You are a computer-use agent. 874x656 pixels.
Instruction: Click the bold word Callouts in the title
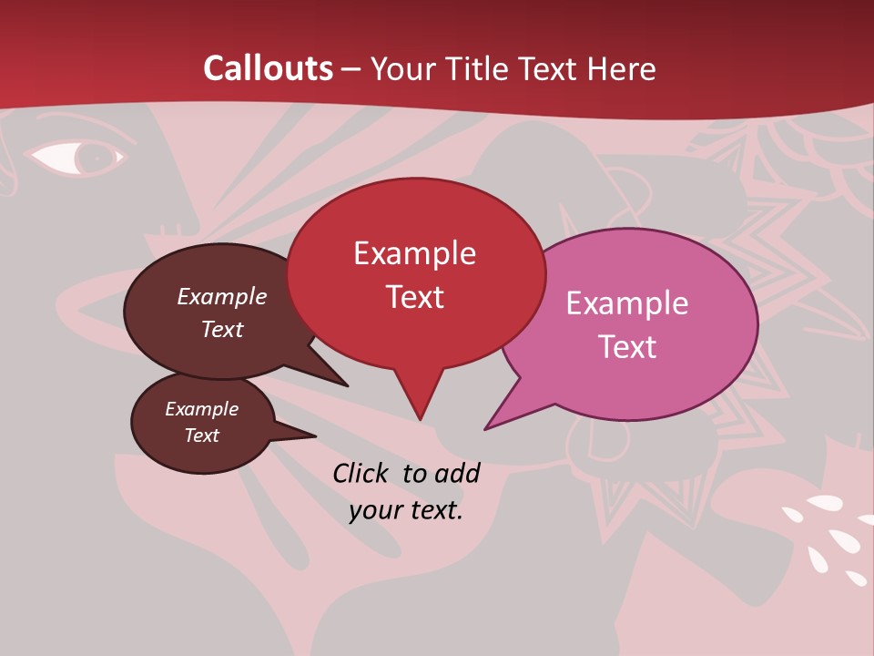(268, 68)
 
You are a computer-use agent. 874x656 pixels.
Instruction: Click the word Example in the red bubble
(414, 253)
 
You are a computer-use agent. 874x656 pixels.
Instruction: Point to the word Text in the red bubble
(414, 297)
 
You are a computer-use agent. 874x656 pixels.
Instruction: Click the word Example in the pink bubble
(627, 302)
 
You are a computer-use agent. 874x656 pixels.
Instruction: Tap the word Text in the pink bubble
(627, 346)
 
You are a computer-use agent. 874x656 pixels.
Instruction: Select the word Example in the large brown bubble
(221, 296)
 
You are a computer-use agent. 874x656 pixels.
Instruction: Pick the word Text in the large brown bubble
(221, 329)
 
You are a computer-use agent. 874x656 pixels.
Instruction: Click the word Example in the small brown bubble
(201, 409)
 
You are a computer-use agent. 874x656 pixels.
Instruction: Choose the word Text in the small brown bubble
(201, 436)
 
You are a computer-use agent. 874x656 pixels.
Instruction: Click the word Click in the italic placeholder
(362, 473)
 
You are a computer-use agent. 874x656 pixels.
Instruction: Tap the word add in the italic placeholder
(457, 473)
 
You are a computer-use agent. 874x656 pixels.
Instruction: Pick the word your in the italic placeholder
(375, 510)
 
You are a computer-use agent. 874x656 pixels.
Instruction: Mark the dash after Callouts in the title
(351, 68)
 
